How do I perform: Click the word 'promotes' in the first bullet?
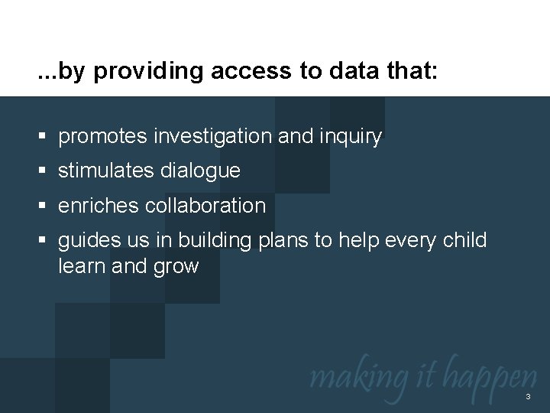point(105,137)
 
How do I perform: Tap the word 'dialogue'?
point(202,172)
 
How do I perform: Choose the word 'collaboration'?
point(206,206)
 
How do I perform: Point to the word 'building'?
point(212,241)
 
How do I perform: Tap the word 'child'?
point(465,240)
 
